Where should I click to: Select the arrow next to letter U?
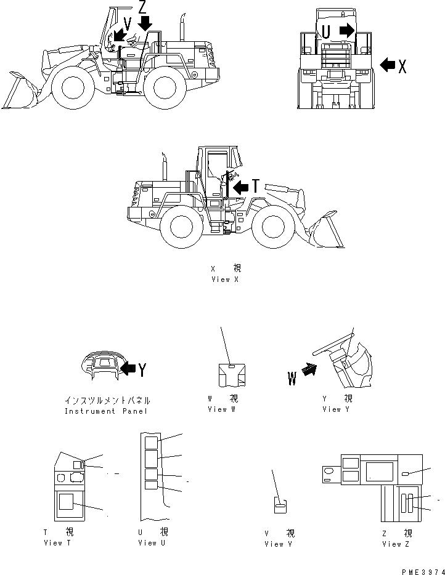[x=347, y=30]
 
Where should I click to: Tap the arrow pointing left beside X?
[x=388, y=65]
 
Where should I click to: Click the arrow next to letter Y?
[x=128, y=369]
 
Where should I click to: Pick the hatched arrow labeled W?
[x=308, y=371]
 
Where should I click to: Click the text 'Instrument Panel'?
[x=106, y=411]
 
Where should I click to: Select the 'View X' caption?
[x=226, y=279]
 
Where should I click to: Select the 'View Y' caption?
[x=335, y=409]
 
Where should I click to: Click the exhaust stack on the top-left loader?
[x=183, y=27]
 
